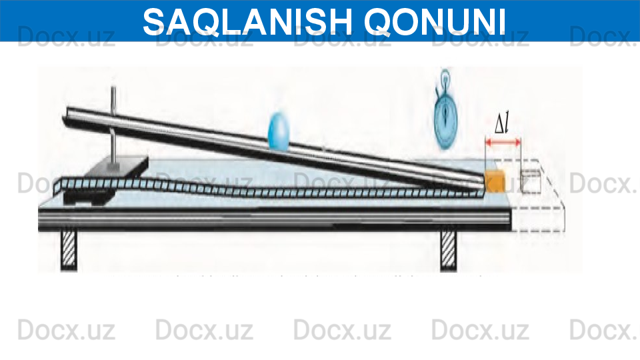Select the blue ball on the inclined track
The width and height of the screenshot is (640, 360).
tap(279, 131)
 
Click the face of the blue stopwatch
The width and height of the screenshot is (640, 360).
tap(446, 120)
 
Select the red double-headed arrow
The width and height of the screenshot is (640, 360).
tap(503, 141)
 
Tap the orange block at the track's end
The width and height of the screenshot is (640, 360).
tap(495, 181)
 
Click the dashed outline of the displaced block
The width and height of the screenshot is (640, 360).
tap(531, 181)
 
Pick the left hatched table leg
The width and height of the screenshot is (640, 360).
tap(69, 249)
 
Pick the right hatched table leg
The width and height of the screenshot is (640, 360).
tap(449, 249)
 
